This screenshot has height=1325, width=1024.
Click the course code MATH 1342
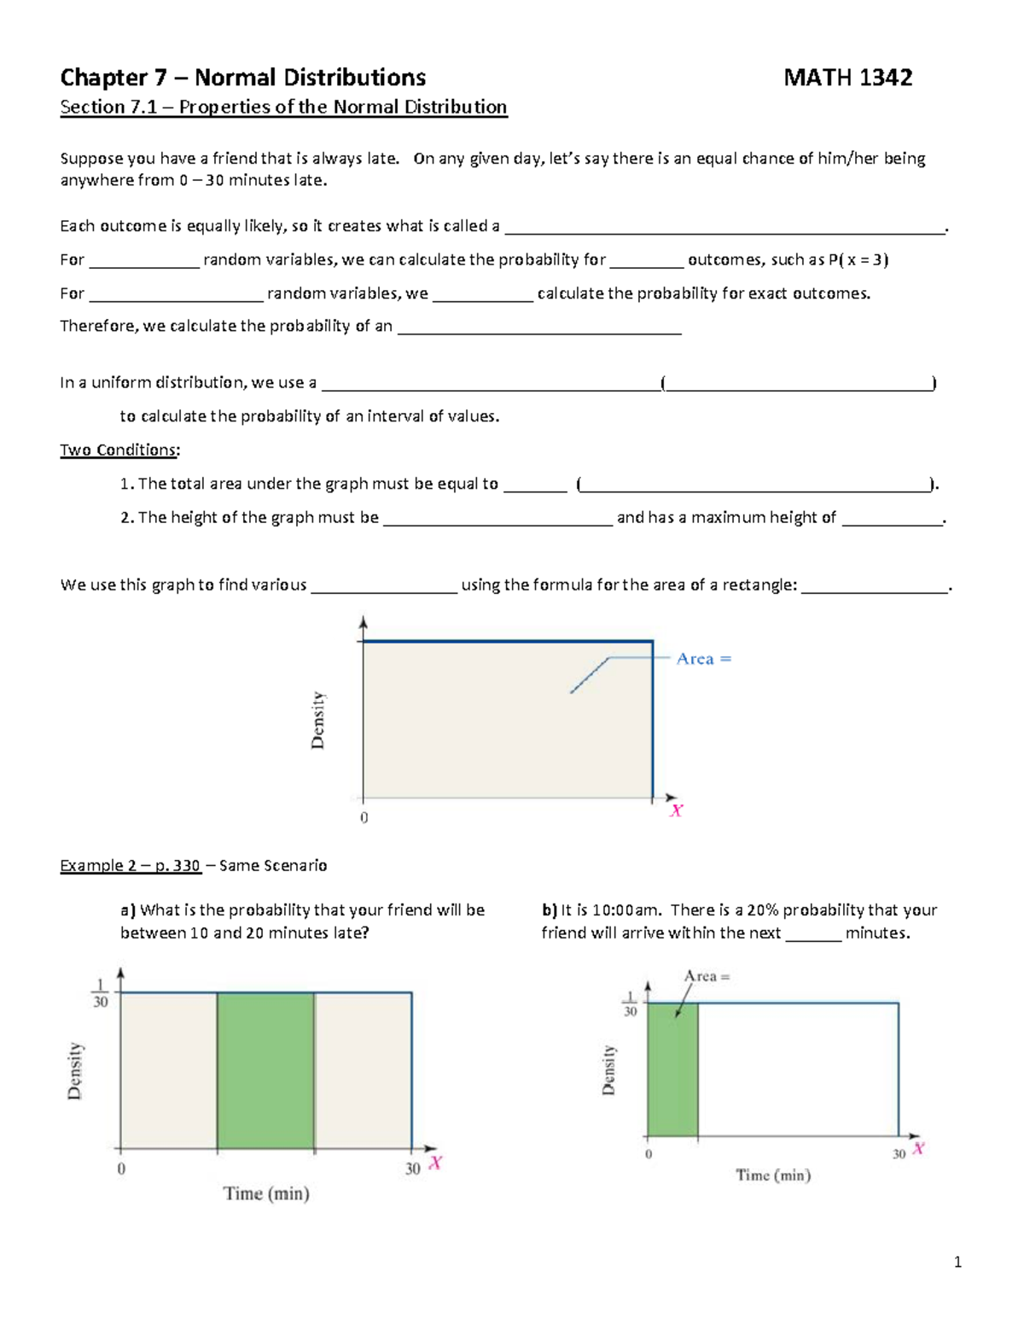pos(847,78)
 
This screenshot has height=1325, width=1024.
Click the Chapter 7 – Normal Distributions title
pos(242,78)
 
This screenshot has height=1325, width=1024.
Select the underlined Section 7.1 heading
pos(283,107)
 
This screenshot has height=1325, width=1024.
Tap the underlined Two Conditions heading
pos(119,450)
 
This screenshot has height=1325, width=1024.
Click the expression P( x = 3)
pos(858,259)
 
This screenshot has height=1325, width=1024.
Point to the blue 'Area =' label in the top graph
pos(703,659)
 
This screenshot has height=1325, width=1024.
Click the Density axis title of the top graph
pos(318,720)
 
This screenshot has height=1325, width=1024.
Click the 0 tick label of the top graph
pos(364,817)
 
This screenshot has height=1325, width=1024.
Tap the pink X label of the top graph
pos(676,811)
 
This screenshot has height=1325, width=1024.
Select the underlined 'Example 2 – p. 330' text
pos(130,865)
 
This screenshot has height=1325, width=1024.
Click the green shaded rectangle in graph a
pos(265,1070)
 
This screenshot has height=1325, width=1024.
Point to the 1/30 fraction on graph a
pos(100,994)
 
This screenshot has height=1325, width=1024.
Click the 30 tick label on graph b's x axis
pos(899,1154)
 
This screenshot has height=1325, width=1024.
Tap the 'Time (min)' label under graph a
pos(266,1194)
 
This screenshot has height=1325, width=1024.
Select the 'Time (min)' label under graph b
pos(773,1175)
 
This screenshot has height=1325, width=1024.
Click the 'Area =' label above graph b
pos(707,976)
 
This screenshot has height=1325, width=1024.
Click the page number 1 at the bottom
pos(957,1262)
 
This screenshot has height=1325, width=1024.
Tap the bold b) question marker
pos(549,910)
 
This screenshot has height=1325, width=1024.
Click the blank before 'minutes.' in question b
pos(812,933)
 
